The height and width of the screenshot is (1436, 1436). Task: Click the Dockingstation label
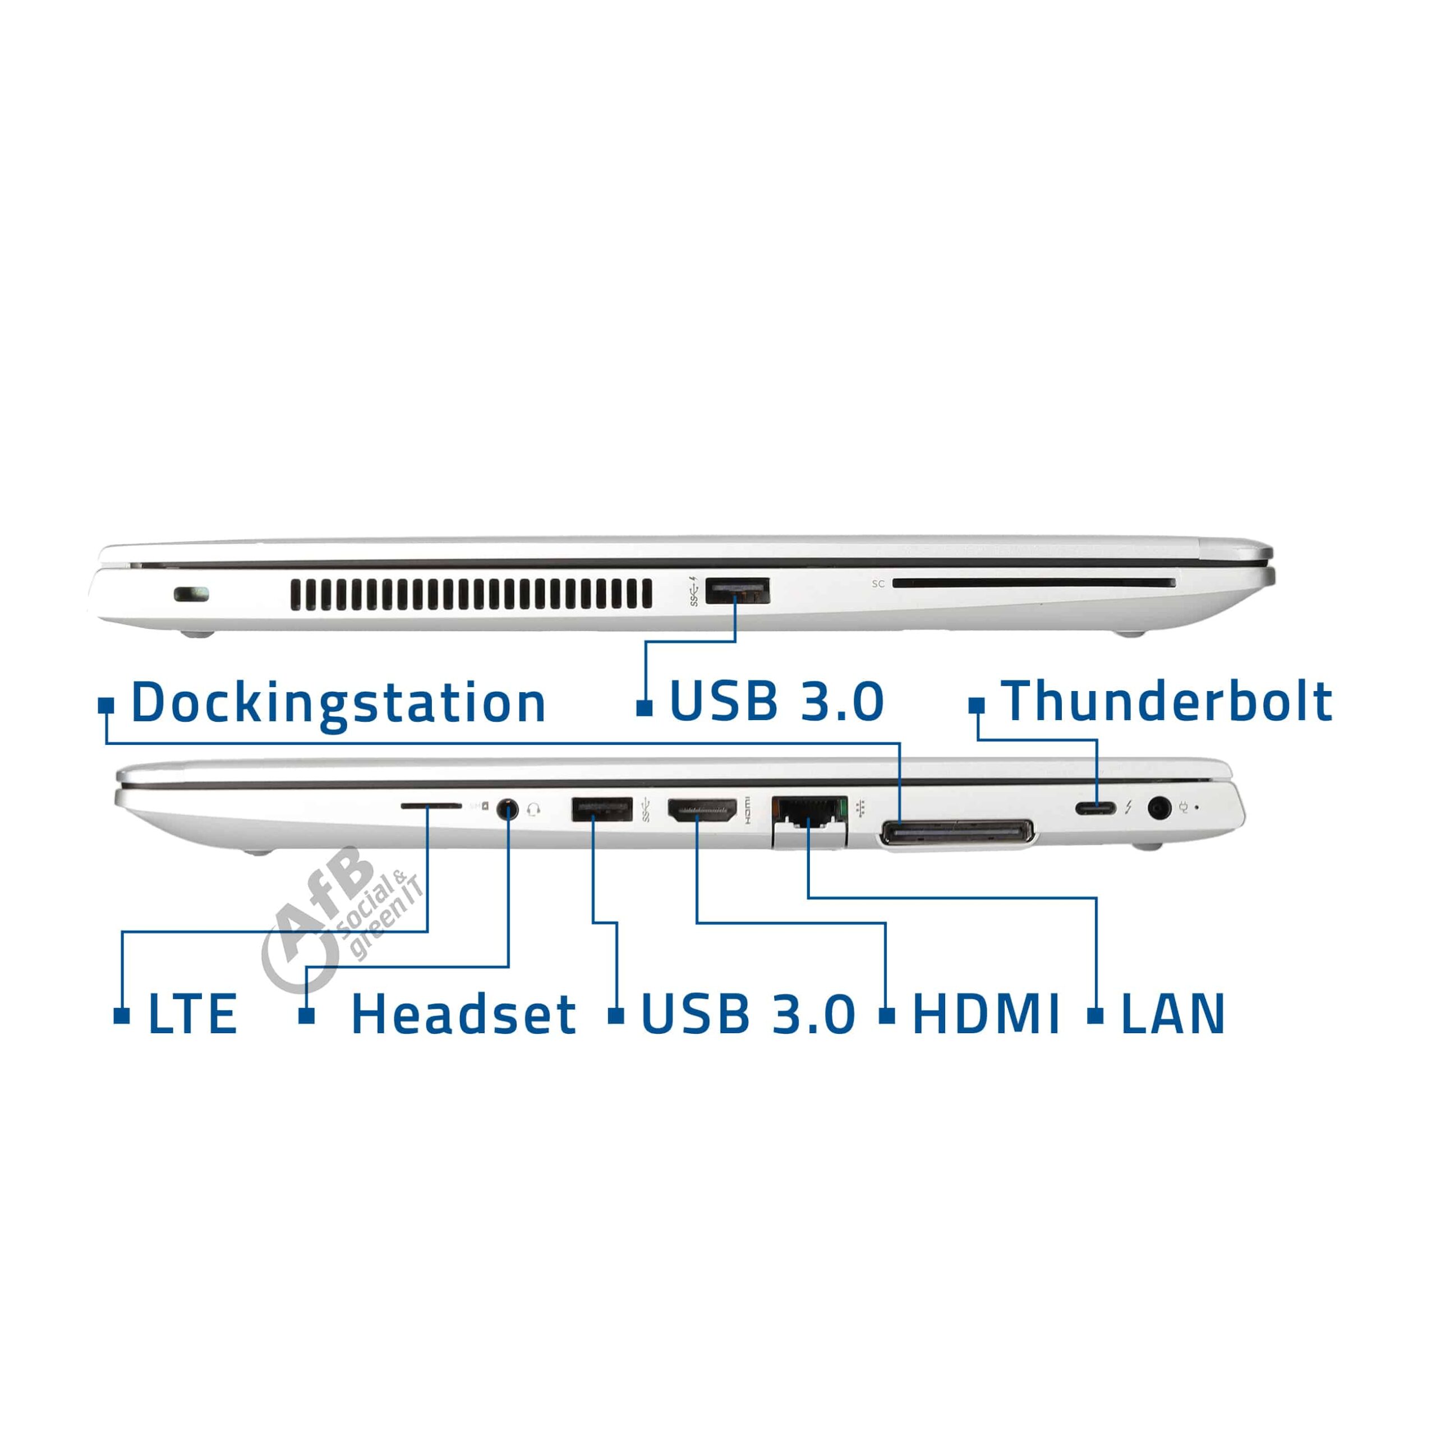(338, 703)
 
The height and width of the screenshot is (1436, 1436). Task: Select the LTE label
(192, 1014)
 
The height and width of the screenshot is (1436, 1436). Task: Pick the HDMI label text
(986, 1014)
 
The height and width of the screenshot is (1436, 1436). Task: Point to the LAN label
(1172, 1014)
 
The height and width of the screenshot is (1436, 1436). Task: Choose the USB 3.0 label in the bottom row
(748, 1014)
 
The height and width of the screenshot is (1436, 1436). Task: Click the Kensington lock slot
(192, 595)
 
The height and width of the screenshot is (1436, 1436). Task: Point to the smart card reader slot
(1034, 583)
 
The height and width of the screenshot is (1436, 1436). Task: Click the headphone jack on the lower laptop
(507, 807)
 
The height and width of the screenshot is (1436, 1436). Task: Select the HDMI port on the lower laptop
(702, 809)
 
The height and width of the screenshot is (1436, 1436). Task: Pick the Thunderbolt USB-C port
(1096, 808)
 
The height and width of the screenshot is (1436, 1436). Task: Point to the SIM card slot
(431, 805)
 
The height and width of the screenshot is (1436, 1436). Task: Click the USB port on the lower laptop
(601, 809)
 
